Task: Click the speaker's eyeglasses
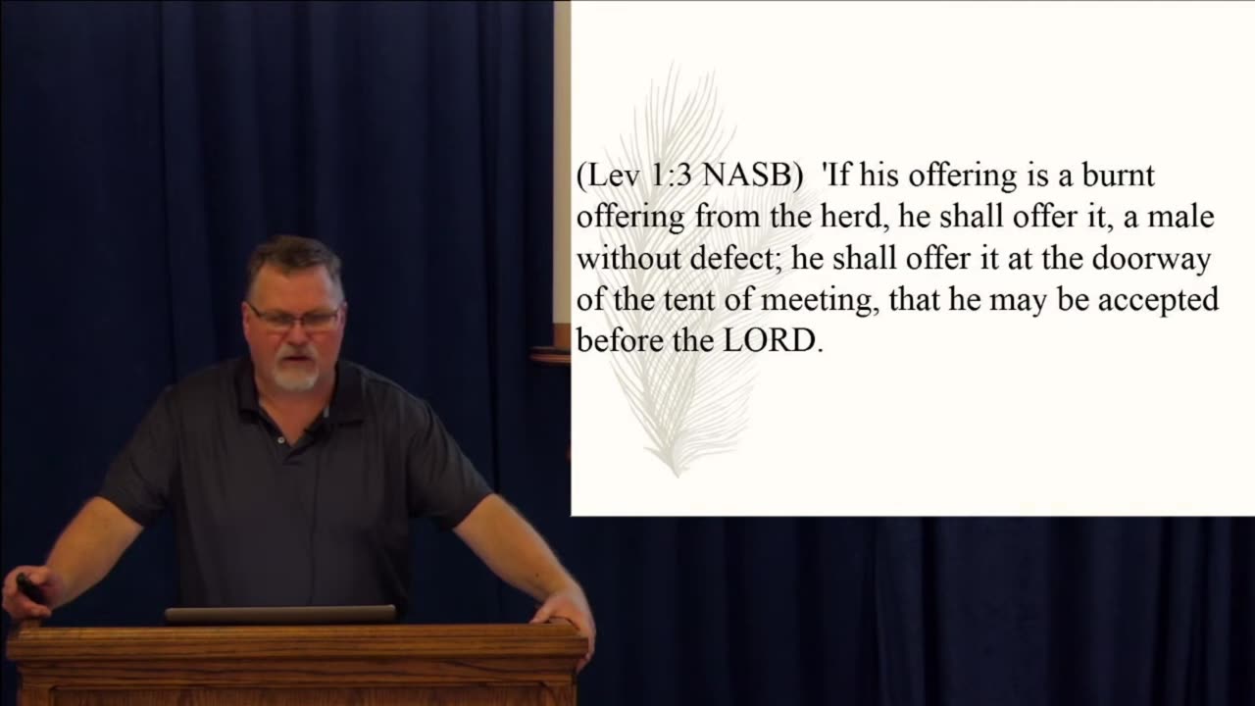(x=293, y=318)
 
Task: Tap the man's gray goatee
(x=295, y=376)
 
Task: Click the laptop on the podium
(x=280, y=615)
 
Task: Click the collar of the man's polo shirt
(x=294, y=412)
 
